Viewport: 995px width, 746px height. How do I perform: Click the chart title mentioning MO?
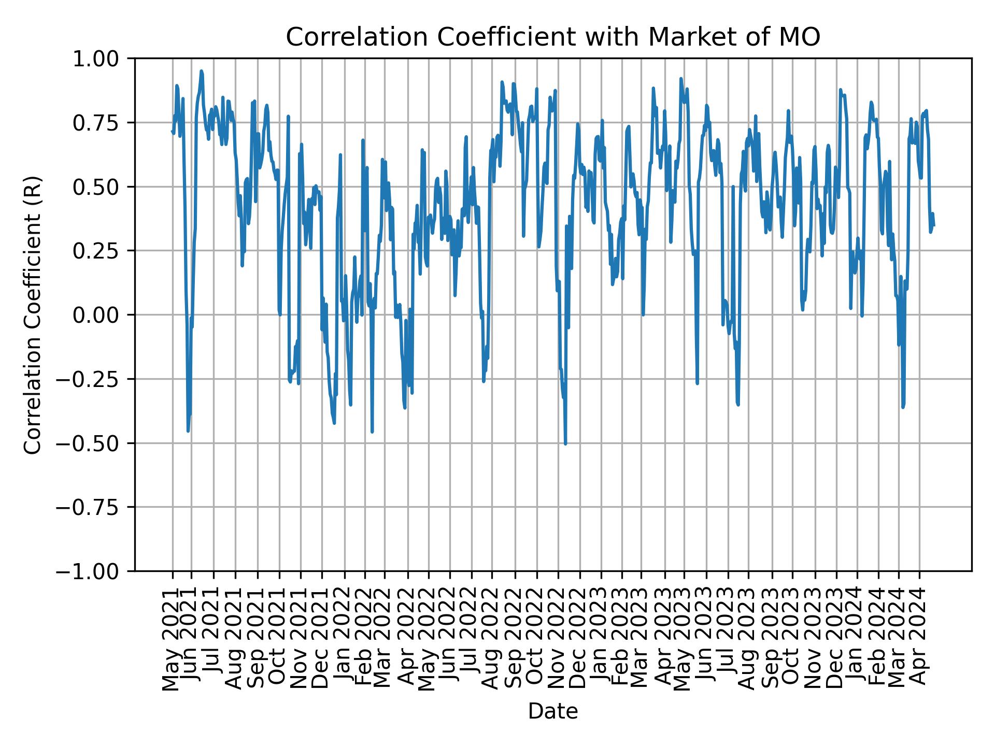(x=553, y=37)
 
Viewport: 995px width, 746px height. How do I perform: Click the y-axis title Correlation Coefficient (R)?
(x=33, y=315)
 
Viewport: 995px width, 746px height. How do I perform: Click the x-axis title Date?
(x=553, y=711)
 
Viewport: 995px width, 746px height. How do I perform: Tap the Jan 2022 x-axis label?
(x=344, y=640)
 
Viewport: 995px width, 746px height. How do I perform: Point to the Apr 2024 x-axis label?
(x=919, y=640)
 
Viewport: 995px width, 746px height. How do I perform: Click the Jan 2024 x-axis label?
(x=857, y=640)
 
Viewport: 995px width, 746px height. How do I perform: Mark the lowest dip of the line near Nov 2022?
(x=565, y=444)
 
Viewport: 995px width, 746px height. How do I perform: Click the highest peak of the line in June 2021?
(x=201, y=71)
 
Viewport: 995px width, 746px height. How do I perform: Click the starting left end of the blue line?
(x=172, y=131)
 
